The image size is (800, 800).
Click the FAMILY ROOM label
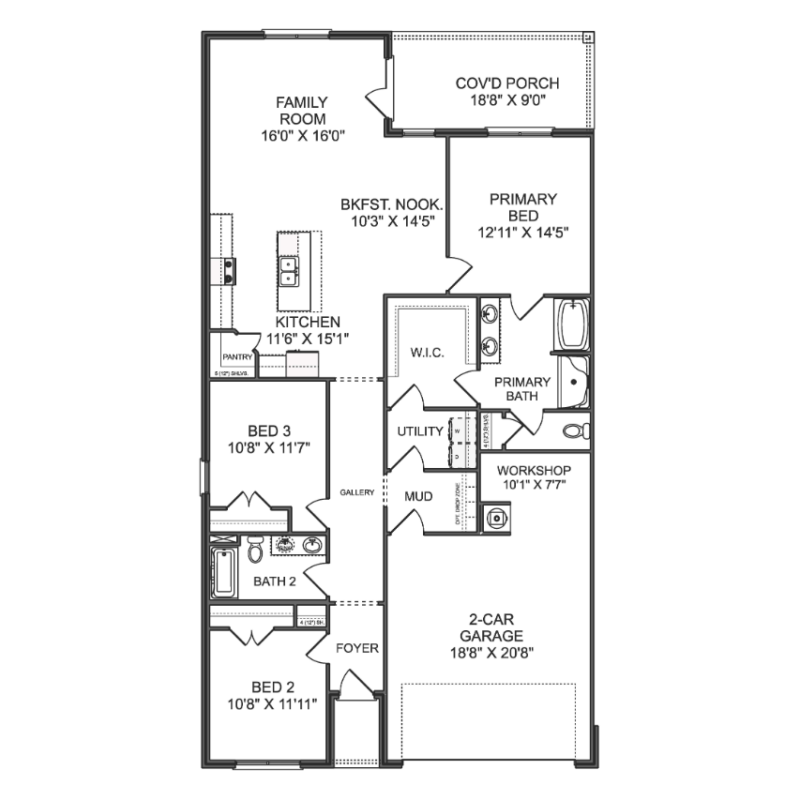click(x=300, y=111)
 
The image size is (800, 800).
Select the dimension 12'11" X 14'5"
click(x=523, y=231)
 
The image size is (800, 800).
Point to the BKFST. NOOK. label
click(x=391, y=204)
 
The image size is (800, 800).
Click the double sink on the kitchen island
click(x=289, y=271)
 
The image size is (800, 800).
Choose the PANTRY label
click(x=237, y=356)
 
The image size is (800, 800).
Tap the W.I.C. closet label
click(x=426, y=352)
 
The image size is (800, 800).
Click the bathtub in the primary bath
click(x=571, y=325)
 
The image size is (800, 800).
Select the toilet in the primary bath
click(x=576, y=430)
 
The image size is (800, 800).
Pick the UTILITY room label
click(x=419, y=431)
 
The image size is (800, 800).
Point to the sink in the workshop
click(x=495, y=517)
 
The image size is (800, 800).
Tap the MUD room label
click(x=418, y=495)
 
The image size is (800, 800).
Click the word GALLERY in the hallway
click(x=357, y=492)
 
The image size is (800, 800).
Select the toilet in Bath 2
click(x=254, y=550)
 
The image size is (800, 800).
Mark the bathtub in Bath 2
click(x=224, y=572)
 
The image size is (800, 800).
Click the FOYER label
click(x=356, y=648)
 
